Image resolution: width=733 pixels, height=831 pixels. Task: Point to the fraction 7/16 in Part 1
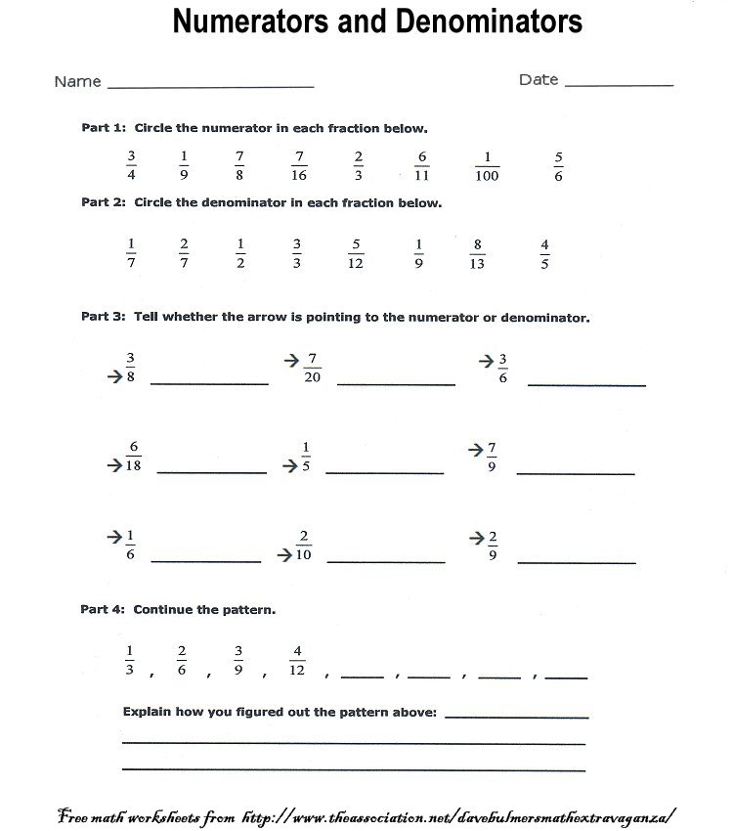[299, 165]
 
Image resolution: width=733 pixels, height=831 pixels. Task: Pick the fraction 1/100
[486, 165]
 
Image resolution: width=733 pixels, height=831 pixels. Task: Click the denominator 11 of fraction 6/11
[422, 176]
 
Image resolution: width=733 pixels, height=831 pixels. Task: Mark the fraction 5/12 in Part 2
[356, 253]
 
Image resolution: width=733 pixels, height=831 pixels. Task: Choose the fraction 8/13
[477, 253]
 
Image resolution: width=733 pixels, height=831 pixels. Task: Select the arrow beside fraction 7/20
[291, 361]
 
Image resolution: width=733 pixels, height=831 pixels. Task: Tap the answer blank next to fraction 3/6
[586, 383]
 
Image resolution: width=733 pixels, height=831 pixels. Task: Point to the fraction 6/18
[133, 457]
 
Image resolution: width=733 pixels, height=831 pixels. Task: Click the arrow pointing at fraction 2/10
[284, 554]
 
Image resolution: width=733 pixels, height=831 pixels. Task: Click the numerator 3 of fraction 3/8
[130, 357]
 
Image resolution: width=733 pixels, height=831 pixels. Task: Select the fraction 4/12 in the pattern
[297, 660]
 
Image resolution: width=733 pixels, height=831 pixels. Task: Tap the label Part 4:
[103, 609]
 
